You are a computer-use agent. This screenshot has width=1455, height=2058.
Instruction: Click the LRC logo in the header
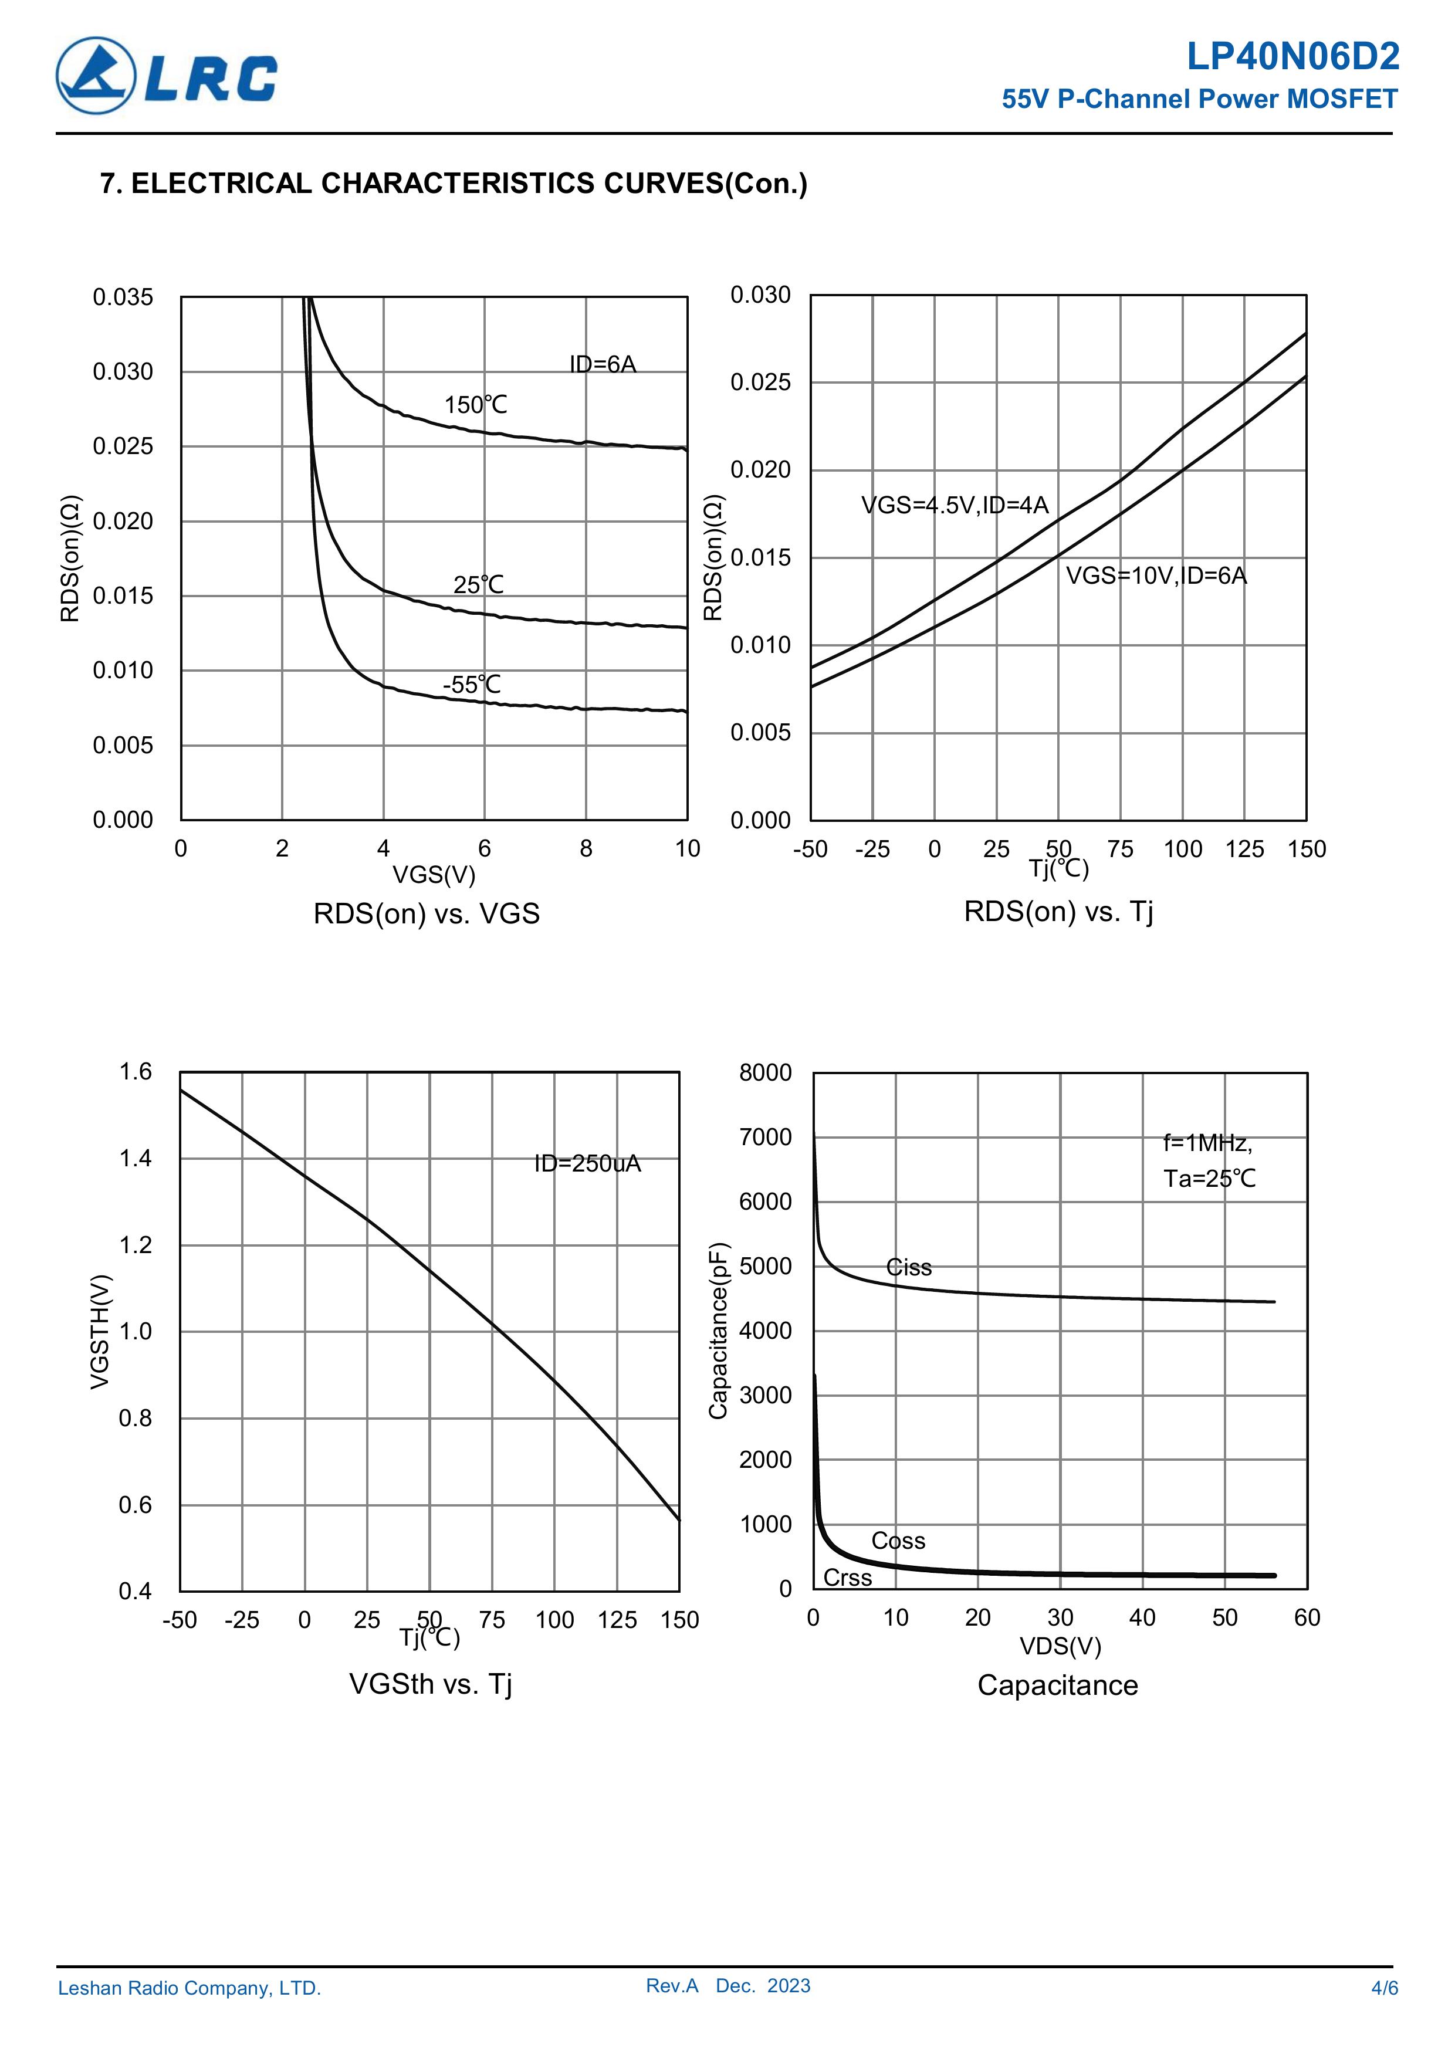click(167, 75)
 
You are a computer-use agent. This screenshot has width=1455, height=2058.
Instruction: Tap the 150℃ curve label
click(475, 405)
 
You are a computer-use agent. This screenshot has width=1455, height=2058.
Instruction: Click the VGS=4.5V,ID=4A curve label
click(955, 506)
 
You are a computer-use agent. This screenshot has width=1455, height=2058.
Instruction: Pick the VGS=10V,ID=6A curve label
click(1156, 576)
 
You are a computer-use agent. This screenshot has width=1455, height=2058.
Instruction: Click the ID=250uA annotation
click(587, 1163)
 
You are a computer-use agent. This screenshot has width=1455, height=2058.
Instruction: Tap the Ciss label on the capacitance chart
click(908, 1267)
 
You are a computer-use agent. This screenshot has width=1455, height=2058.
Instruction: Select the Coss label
click(898, 1541)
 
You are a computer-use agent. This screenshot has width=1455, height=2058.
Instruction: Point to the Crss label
click(847, 1578)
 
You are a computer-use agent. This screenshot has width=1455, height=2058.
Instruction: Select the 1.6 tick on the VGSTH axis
click(136, 1072)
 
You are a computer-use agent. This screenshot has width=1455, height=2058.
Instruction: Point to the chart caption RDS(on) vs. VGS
click(427, 913)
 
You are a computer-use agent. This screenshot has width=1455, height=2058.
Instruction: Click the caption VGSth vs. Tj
click(430, 1684)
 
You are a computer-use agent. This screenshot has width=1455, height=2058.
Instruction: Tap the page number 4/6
click(1384, 1988)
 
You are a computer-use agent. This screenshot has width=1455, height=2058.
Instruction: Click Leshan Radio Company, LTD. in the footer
click(189, 1988)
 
